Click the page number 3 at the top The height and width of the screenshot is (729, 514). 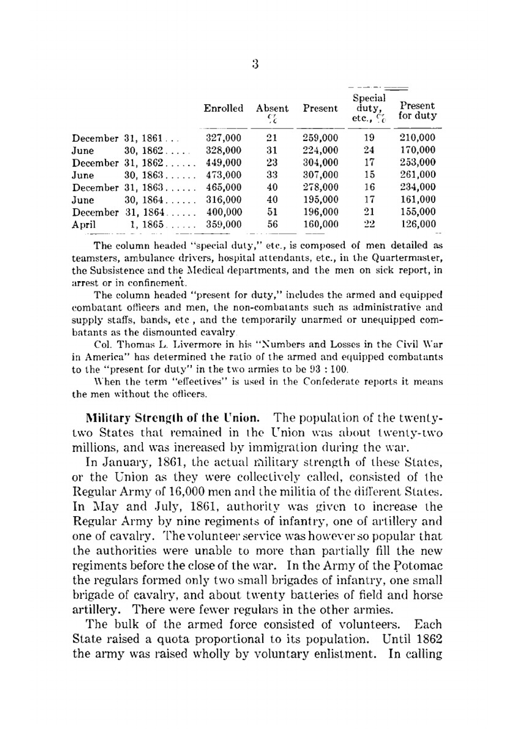tap(255, 65)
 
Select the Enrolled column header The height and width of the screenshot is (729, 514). tap(224, 108)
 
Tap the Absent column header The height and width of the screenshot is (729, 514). tap(272, 109)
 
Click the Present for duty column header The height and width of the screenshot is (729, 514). tap(417, 111)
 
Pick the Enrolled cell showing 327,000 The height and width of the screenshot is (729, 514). tap(224, 138)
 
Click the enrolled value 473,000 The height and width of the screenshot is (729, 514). tap(224, 175)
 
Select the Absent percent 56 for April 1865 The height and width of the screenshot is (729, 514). tap(272, 224)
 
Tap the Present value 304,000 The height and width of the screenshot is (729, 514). tap(321, 162)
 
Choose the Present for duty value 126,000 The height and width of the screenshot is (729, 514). tap(418, 224)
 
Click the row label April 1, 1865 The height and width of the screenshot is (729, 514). tap(118, 225)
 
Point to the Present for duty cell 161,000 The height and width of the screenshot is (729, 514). tap(418, 199)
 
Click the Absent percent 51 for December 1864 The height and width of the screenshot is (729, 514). tap(272, 212)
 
